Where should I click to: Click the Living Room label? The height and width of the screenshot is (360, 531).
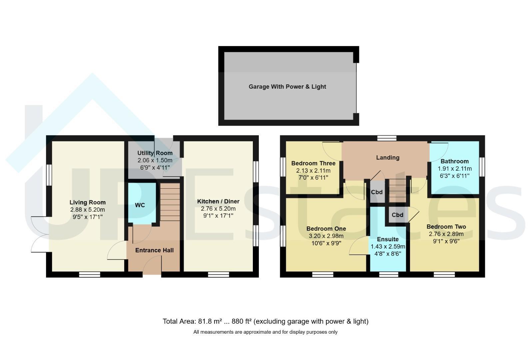pos(88,202)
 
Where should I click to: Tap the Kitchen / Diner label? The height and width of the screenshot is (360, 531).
pos(218,201)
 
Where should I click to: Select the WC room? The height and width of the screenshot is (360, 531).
pos(142,203)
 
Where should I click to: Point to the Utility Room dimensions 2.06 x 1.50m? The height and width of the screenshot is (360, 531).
pos(155,160)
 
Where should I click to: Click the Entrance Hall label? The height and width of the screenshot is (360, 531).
pos(154,250)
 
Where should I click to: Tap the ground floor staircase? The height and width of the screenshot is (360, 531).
pos(170,202)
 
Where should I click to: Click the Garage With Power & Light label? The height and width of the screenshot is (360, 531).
pos(287,87)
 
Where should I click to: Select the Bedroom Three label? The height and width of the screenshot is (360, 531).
pos(313,163)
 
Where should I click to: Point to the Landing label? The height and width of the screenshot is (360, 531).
pos(387,157)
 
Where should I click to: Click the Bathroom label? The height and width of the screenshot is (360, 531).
pos(454,161)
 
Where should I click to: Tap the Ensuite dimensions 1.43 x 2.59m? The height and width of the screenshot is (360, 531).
pos(388,246)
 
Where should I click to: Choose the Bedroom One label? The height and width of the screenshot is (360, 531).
pos(326,229)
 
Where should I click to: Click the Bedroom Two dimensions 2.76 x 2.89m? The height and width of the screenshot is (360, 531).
pos(446,234)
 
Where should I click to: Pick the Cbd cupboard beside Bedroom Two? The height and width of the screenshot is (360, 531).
pos(397,215)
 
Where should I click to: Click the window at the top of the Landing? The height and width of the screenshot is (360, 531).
pos(387,138)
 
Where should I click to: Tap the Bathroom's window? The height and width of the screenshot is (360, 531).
pos(482,167)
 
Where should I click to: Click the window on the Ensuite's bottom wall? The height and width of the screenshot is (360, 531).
pos(388,274)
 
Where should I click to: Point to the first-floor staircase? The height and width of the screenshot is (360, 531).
pos(397,190)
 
